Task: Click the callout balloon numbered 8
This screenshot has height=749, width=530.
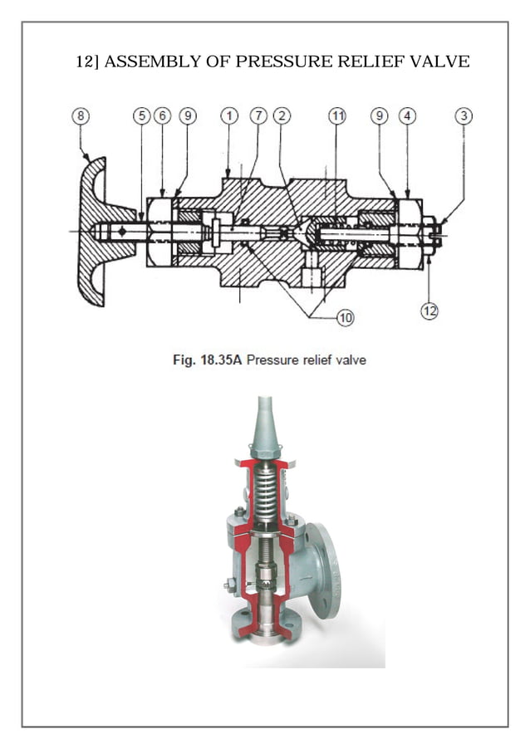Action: coord(80,117)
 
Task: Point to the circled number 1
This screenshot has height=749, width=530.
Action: coord(228,117)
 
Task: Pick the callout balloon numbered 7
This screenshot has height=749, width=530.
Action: coord(259,117)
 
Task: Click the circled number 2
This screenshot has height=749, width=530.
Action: coord(282,117)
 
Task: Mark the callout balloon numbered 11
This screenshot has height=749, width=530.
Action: coord(336,117)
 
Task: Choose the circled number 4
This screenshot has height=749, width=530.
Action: coord(406,117)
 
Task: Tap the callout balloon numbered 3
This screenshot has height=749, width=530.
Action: coord(464,117)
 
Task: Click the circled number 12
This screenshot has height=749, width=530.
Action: coord(429,311)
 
